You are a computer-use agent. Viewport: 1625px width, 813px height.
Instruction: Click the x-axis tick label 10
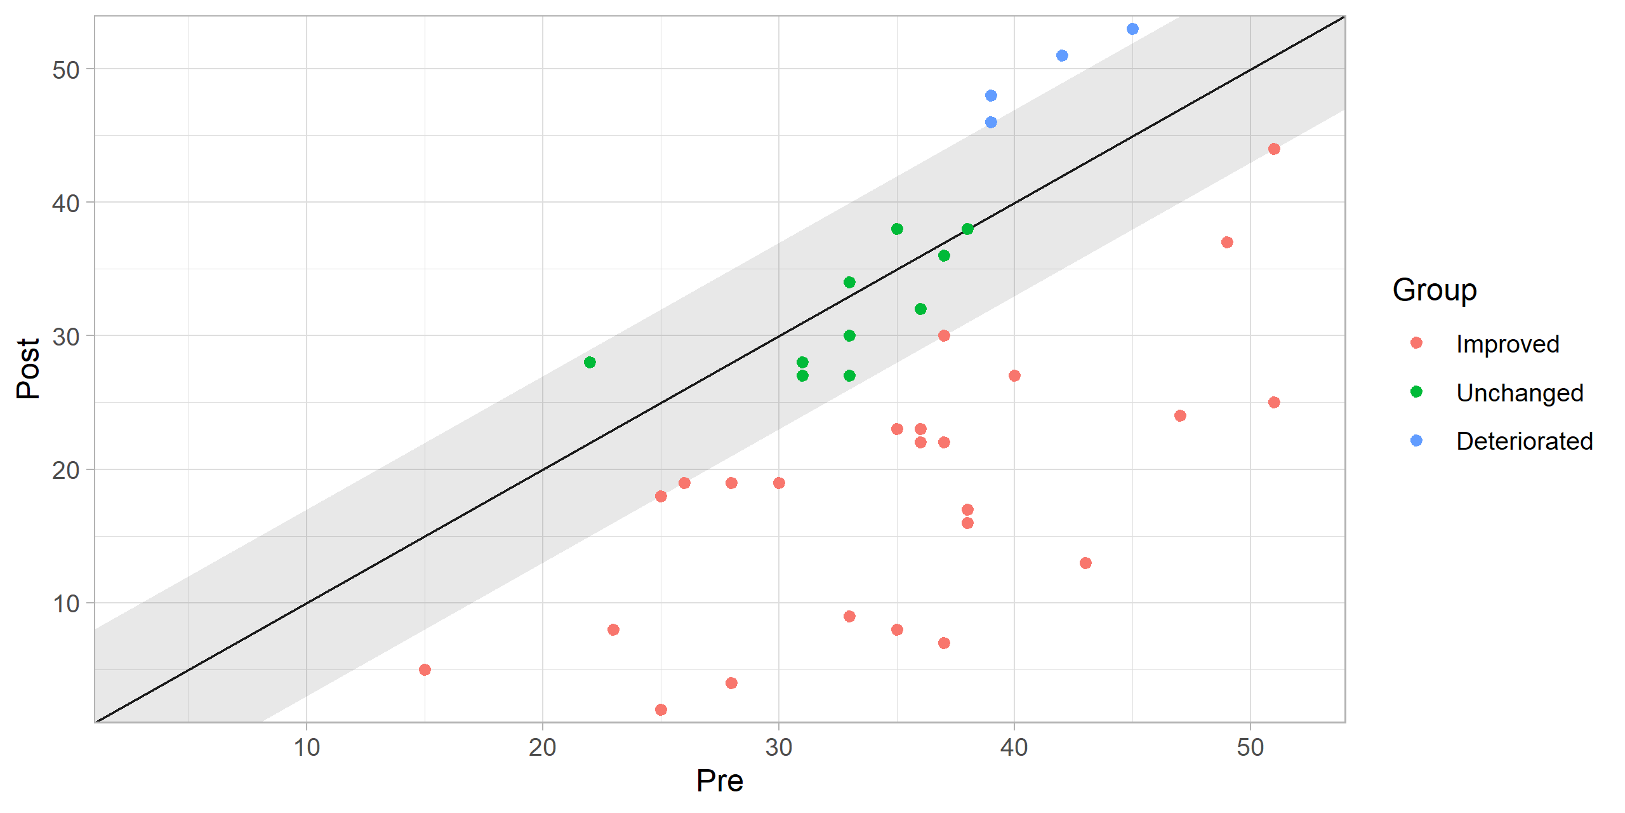click(x=307, y=748)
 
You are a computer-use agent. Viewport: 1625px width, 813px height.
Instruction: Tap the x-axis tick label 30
click(x=778, y=748)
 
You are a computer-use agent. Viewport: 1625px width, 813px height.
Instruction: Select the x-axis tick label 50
click(x=1250, y=748)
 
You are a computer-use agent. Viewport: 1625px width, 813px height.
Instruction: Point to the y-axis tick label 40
click(x=65, y=203)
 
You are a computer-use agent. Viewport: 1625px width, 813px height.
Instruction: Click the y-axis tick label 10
click(x=65, y=603)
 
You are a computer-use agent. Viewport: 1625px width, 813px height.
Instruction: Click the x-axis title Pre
click(x=719, y=781)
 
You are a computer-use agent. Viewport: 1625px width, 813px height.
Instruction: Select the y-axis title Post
click(x=28, y=368)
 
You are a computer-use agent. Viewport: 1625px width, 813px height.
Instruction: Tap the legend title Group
click(x=1434, y=290)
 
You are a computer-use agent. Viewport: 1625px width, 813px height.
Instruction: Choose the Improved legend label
click(x=1507, y=344)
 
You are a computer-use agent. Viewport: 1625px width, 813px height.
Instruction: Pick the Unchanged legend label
click(x=1519, y=393)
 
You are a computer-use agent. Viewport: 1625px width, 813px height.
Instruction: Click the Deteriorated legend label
click(x=1524, y=441)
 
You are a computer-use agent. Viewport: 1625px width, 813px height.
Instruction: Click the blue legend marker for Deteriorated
click(x=1416, y=440)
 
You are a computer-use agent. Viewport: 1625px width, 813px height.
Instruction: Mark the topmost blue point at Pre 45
click(x=1132, y=29)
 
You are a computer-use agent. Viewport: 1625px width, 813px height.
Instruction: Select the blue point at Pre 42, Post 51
click(x=1062, y=56)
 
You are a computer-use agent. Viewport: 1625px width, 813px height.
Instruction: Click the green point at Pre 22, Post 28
click(x=590, y=362)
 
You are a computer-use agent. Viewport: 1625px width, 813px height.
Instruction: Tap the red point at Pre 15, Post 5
click(x=425, y=669)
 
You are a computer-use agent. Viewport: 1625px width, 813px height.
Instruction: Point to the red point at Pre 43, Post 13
click(x=1085, y=563)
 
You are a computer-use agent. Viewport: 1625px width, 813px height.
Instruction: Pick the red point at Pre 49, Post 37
click(x=1227, y=242)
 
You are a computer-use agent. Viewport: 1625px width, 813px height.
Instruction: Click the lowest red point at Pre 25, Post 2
click(x=661, y=709)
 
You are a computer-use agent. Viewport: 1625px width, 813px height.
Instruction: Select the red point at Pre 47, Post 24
click(x=1180, y=415)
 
